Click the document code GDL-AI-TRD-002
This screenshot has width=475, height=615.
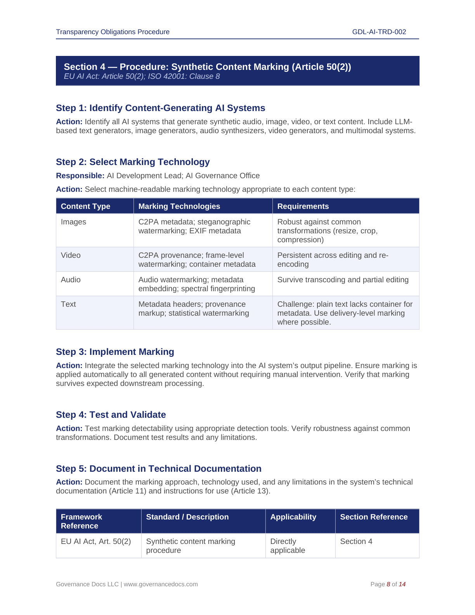click(379, 32)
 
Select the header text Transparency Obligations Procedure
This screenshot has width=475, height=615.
click(113, 32)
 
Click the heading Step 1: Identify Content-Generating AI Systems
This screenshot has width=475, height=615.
click(160, 108)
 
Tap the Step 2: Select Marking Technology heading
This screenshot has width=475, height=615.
click(133, 162)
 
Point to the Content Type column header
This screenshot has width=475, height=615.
click(85, 206)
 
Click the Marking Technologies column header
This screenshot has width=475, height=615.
click(179, 206)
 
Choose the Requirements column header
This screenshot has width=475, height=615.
click(303, 206)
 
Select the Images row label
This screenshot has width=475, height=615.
click(73, 222)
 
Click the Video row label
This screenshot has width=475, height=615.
click(71, 255)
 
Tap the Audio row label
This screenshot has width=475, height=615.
click(71, 280)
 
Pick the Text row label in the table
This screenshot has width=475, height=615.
click(68, 304)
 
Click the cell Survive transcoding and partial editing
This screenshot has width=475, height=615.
click(343, 280)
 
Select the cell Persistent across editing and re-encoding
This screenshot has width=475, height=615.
click(333, 259)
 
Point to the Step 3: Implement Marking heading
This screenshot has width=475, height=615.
click(115, 352)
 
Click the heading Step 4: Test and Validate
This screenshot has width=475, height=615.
click(111, 415)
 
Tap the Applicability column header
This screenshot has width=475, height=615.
click(293, 517)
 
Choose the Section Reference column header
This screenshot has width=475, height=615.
click(374, 517)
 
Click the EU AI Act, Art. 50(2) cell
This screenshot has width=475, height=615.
click(96, 541)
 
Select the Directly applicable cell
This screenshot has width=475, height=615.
click(288, 546)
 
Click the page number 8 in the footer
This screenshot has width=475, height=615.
click(388, 584)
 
